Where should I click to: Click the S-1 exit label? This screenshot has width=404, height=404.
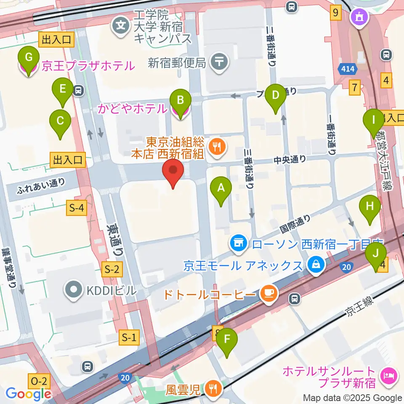coord(129,337)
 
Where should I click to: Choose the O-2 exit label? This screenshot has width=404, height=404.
coord(40,382)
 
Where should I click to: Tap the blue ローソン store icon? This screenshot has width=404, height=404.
coord(238,243)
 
